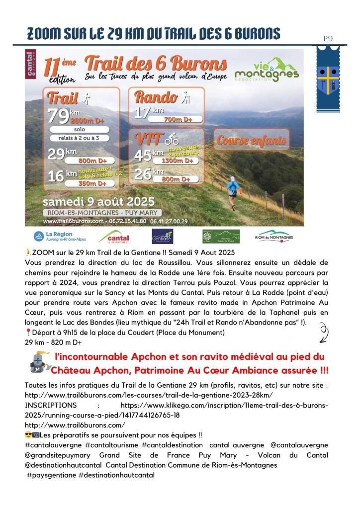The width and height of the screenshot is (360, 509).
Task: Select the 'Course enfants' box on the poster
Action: [x=251, y=140]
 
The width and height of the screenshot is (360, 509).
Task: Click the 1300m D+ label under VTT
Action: [x=178, y=161]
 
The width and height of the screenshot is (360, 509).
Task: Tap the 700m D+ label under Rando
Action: [x=178, y=119]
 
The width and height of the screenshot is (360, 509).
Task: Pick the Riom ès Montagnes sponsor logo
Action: [x=274, y=236]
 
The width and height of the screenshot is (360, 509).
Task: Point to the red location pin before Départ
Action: [x=27, y=333]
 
